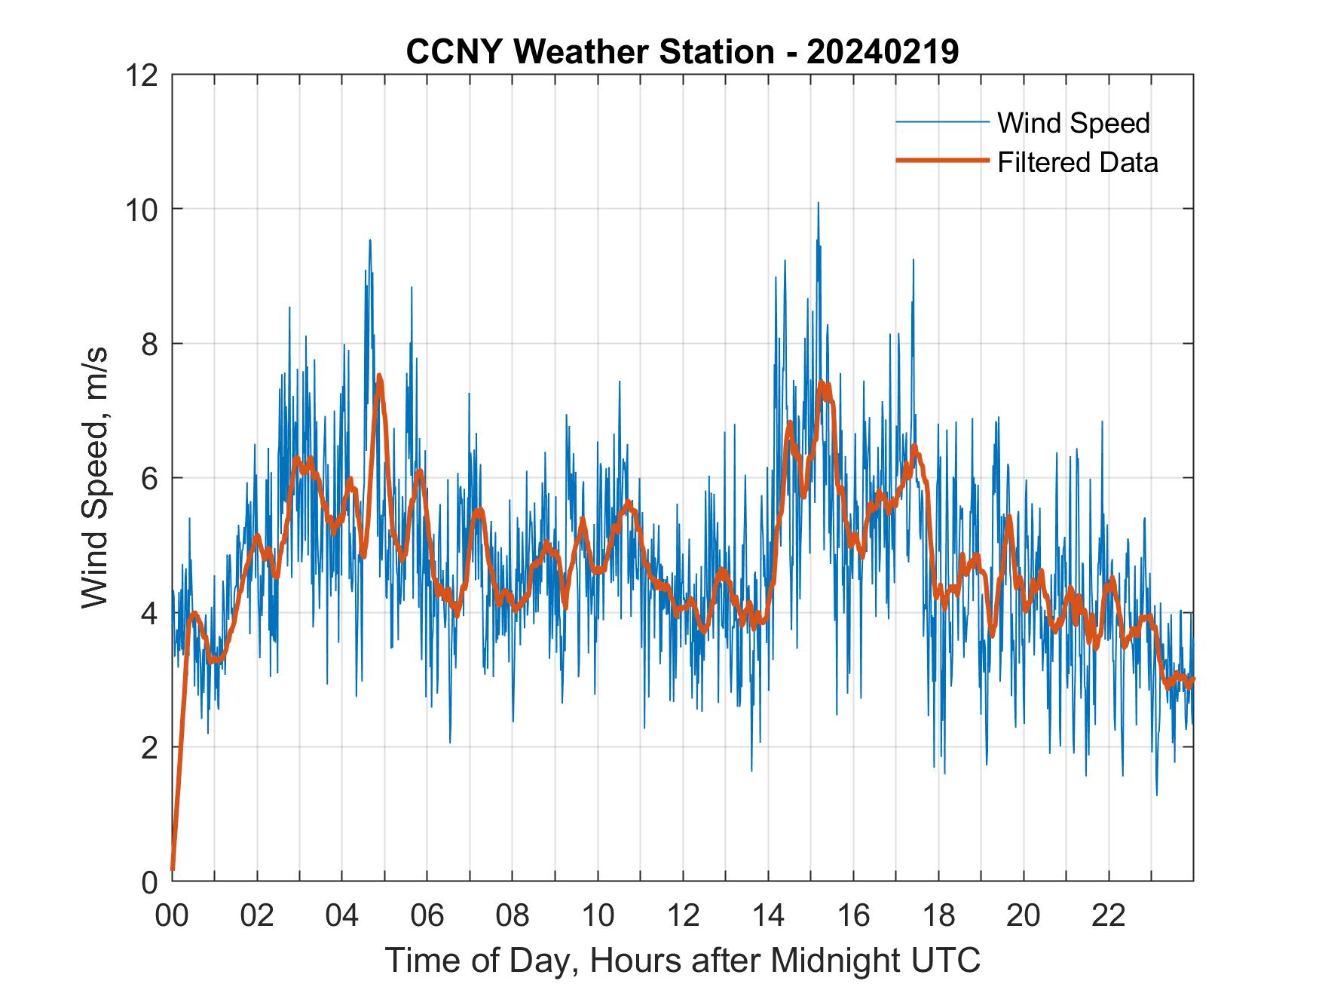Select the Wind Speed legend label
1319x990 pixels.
(1073, 123)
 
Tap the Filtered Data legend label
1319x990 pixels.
(1077, 162)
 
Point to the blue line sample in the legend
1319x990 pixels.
(941, 122)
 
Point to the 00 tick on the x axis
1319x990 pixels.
(172, 915)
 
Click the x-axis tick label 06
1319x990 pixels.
(427, 915)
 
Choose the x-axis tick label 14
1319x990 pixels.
(768, 915)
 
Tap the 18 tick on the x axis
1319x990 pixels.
(938, 915)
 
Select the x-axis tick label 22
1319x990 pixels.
(1109, 915)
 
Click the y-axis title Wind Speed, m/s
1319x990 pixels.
(95, 477)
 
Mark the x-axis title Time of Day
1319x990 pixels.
(682, 961)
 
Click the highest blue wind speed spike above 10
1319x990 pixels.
(818, 204)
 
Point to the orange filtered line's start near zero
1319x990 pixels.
(173, 869)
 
